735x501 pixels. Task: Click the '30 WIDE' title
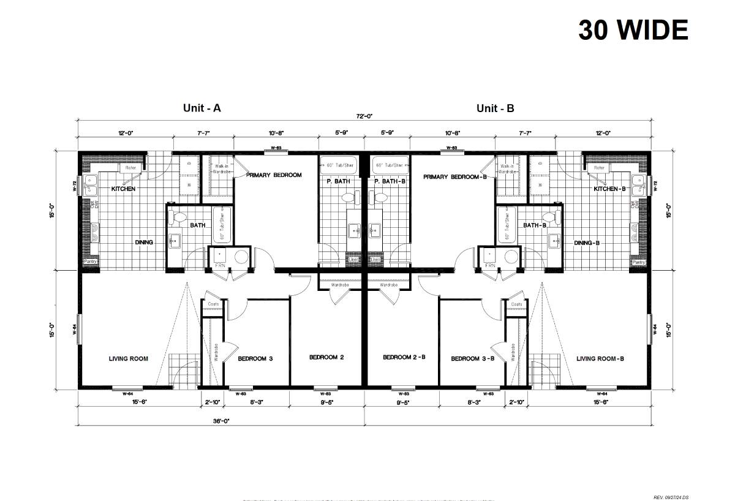[633, 29]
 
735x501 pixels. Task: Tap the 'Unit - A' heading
[202, 108]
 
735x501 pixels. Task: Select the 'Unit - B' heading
[496, 108]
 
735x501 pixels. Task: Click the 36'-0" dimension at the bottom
[221, 421]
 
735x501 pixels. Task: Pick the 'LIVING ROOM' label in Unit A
[129, 359]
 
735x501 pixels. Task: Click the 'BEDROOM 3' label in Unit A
[255, 359]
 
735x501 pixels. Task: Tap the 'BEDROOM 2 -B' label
[402, 358]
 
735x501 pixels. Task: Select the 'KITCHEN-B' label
[609, 189]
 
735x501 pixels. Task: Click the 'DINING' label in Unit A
[144, 243]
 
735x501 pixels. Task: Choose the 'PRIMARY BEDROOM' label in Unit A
[274, 175]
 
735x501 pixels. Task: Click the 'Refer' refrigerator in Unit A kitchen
[130, 168]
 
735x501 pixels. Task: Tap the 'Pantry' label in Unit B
[639, 262]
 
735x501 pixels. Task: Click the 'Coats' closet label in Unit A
[213, 304]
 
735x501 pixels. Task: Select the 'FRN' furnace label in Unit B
[490, 266]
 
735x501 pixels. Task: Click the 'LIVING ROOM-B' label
[600, 359]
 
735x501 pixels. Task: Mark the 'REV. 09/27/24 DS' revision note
[671, 497]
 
